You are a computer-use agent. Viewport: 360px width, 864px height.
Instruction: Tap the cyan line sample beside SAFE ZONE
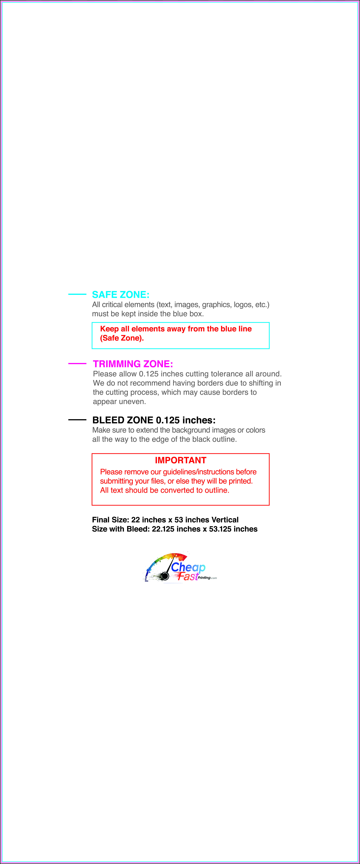(77, 294)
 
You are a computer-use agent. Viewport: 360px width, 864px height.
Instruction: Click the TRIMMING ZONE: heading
(133, 364)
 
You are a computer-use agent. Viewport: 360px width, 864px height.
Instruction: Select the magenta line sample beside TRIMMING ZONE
(77, 363)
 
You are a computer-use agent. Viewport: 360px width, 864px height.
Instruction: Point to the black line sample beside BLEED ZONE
(77, 420)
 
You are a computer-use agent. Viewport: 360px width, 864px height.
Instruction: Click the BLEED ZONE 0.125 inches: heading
(154, 420)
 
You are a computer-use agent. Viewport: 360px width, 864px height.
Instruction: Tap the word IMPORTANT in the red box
(180, 460)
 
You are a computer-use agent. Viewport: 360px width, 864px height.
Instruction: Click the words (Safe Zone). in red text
(122, 338)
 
